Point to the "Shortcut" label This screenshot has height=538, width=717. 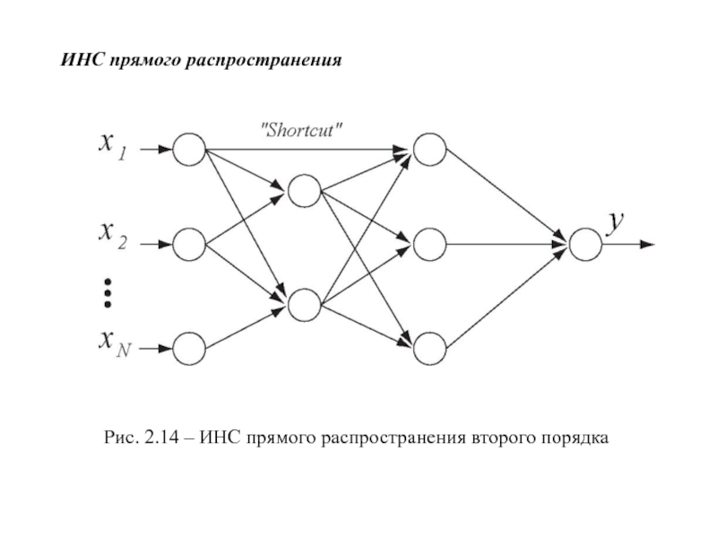[301, 130]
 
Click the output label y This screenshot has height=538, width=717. [615, 223]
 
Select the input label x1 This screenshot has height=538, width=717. [113, 147]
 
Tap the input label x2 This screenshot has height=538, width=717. [113, 236]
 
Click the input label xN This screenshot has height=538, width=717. [115, 343]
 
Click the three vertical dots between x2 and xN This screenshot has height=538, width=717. [108, 293]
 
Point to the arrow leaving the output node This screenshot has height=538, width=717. [629, 244]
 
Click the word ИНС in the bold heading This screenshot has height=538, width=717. [82, 60]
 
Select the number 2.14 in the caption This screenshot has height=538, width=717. [161, 438]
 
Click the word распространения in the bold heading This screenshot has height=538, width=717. [263, 61]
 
